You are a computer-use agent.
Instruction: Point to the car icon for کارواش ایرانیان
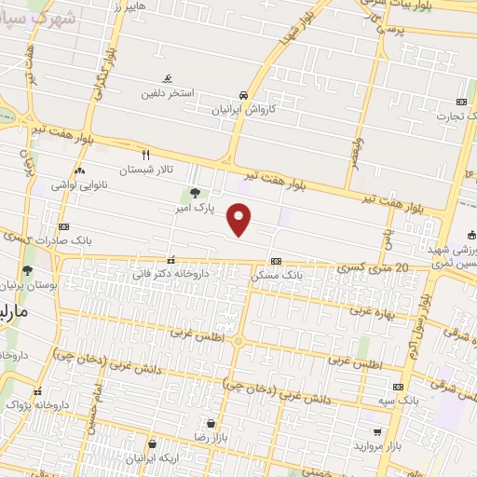click(x=242, y=95)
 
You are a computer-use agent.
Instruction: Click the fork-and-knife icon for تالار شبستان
click(x=145, y=154)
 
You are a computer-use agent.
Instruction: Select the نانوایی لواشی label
click(x=82, y=184)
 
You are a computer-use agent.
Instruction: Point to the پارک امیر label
click(x=198, y=208)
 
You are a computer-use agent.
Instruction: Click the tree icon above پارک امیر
click(x=194, y=193)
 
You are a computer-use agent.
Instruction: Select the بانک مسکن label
click(x=278, y=276)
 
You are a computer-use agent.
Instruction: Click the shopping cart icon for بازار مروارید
click(x=376, y=432)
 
